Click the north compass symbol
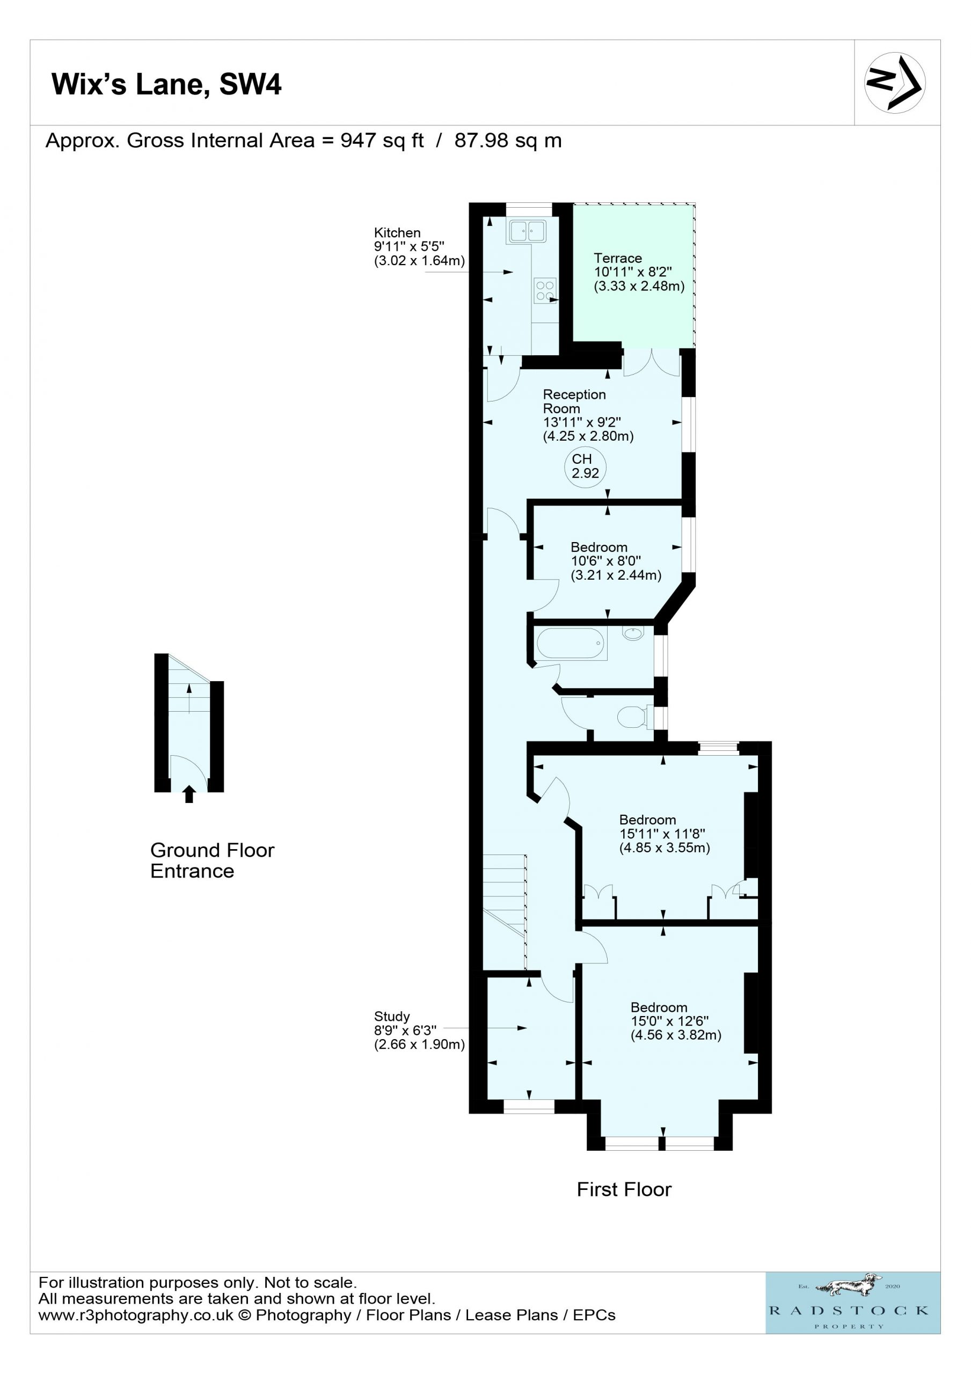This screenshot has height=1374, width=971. pyautogui.click(x=894, y=83)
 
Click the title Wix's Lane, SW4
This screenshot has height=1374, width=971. pyautogui.click(x=166, y=84)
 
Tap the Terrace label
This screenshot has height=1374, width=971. pyautogui.click(x=618, y=258)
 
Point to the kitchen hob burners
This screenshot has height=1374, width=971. pyautogui.click(x=545, y=290)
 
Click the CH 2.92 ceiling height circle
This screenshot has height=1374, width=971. pyautogui.click(x=585, y=466)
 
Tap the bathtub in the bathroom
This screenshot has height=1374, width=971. pyautogui.click(x=571, y=644)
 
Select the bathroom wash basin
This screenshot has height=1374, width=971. pyautogui.click(x=633, y=633)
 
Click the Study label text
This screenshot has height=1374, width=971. pyautogui.click(x=392, y=1016)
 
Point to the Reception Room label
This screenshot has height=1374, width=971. pyautogui.click(x=574, y=401)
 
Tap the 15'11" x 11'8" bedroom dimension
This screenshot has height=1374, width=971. pyautogui.click(x=662, y=834)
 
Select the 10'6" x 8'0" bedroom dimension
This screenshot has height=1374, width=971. pyautogui.click(x=606, y=561)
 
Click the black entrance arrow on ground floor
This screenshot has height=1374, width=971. pyautogui.click(x=189, y=793)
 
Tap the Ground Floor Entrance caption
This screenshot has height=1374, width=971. pyautogui.click(x=212, y=860)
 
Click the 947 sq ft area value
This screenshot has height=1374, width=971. pyautogui.click(x=382, y=141)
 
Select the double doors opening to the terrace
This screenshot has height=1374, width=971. pyautogui.click(x=651, y=363)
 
